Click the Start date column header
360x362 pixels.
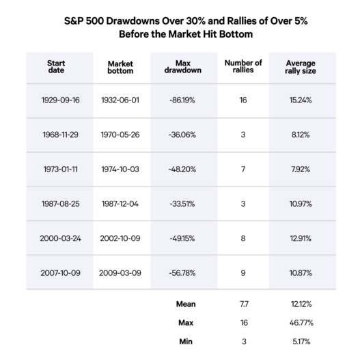coord(56,66)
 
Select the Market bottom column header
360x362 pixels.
coord(120,67)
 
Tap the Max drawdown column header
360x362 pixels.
coord(183,66)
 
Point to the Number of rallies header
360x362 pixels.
coord(243,66)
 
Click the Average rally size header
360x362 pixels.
coord(301,67)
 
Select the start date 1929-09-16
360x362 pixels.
coord(61,100)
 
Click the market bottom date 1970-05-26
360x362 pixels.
coord(120,135)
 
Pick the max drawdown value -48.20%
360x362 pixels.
coord(182,169)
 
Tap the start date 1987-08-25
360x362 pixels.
coord(61,204)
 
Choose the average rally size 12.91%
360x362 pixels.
coord(301,238)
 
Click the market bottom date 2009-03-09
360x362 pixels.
coord(120,273)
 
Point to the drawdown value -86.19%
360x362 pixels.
coord(182,100)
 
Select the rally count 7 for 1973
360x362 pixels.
coord(243,169)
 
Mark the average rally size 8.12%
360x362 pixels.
coord(301,135)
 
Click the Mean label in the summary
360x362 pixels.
coord(186,304)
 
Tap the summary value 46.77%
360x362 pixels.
coord(301,323)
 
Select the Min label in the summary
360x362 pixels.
coord(186,342)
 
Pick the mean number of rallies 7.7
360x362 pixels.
coord(244,304)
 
